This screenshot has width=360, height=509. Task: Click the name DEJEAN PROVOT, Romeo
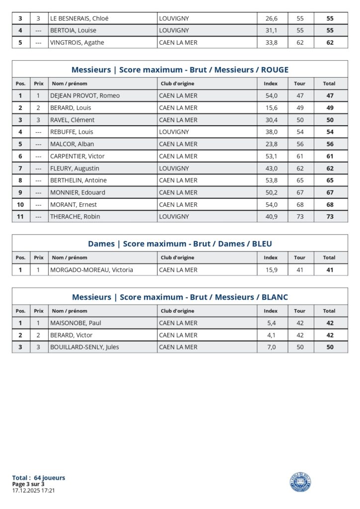point(85,95)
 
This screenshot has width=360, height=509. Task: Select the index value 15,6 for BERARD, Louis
point(271,108)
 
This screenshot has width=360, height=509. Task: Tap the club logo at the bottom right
point(300,482)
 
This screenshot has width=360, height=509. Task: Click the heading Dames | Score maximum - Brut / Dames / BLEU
point(180,244)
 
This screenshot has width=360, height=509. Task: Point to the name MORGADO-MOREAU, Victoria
point(91,270)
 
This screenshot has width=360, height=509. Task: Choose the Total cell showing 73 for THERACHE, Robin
point(329,217)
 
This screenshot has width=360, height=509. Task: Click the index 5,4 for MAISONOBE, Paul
point(271,323)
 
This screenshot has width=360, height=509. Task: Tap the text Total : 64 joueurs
point(39,478)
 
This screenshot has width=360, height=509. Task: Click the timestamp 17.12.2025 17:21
point(33,490)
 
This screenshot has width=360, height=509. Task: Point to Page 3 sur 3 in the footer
point(28,484)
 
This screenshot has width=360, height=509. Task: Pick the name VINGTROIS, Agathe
point(77,43)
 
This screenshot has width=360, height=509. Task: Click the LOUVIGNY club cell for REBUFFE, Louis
point(174,132)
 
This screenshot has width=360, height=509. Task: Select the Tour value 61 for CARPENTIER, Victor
point(300,156)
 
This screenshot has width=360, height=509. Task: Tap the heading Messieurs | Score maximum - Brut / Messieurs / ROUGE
point(180,70)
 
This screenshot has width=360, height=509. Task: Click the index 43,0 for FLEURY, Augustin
point(271,169)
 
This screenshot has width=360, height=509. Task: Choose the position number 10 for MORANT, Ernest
point(20,205)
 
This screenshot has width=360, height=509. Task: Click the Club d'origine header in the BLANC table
point(178,311)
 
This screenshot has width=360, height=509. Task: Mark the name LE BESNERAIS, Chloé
point(80,18)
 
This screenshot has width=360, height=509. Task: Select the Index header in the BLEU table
point(270,257)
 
